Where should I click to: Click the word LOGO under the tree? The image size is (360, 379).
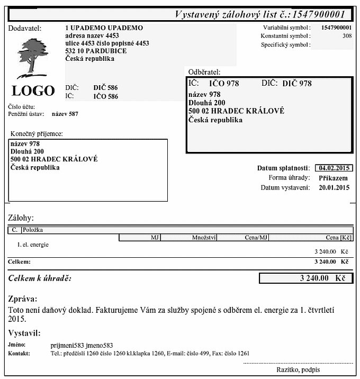(x=33, y=91)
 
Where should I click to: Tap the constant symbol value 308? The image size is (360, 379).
(x=347, y=36)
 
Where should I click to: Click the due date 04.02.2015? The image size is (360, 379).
(x=334, y=168)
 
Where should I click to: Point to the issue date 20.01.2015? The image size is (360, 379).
(x=334, y=187)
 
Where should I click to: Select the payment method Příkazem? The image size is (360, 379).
(x=334, y=178)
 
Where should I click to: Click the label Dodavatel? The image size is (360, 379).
(x=25, y=28)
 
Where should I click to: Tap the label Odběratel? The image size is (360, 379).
(x=204, y=71)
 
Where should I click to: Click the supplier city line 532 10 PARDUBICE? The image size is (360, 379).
(x=96, y=51)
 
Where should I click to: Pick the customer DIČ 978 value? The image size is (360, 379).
(x=297, y=84)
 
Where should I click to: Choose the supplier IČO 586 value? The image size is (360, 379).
(x=106, y=96)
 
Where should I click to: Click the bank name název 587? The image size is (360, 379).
(x=65, y=114)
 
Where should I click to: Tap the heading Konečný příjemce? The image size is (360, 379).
(x=37, y=134)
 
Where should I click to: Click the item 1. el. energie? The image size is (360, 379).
(x=33, y=245)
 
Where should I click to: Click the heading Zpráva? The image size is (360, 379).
(x=23, y=299)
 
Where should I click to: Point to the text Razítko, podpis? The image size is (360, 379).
(x=298, y=369)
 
